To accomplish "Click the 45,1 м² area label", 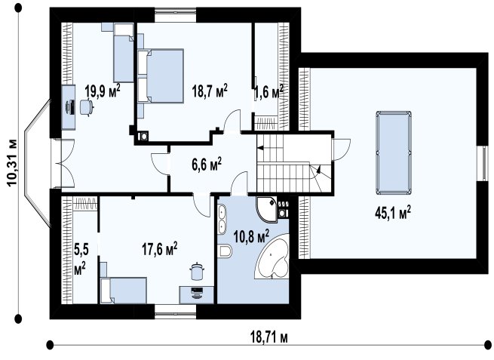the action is coord(392,213).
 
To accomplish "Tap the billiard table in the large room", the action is coord(394,152).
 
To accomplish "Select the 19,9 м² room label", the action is coord(103,91).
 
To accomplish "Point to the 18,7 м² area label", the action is coord(210,91).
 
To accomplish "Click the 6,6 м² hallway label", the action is coord(207,164).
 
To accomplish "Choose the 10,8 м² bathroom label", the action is coord(251,236).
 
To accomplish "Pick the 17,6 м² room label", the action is coord(159,249).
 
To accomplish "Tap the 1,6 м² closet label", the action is coord(268,92).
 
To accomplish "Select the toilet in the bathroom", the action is coord(225,251).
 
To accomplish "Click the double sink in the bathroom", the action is coord(222,220).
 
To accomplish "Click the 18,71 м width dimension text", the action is coord(269,338).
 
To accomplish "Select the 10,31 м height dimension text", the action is coord(13,162).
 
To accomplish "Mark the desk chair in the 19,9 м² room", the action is coord(86,107).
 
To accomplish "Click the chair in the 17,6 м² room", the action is coord(197,271).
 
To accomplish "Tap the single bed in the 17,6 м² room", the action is coord(124,291).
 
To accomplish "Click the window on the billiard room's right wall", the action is coord(482,163).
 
